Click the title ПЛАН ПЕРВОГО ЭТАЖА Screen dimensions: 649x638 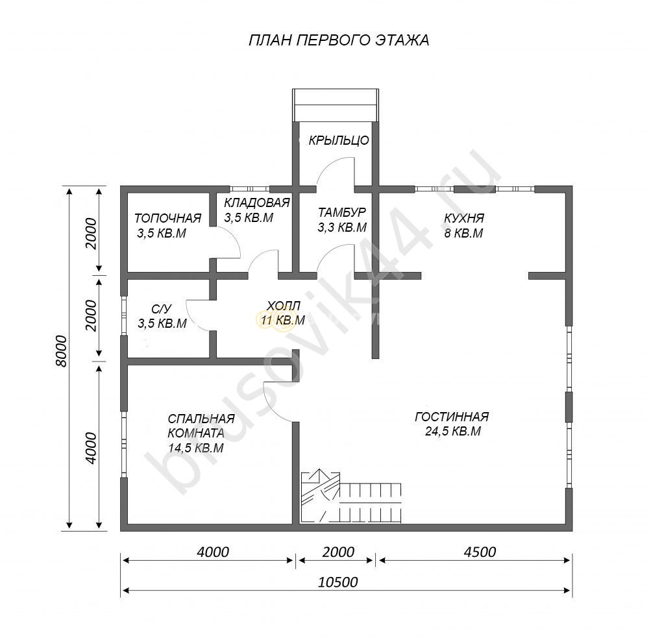[339, 40]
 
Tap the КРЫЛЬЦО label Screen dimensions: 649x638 [339, 140]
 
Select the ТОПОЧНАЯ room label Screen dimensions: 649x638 [167, 218]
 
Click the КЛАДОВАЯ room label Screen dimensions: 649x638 [256, 203]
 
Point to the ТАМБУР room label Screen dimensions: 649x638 [342, 212]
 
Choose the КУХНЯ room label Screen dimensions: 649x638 [464, 218]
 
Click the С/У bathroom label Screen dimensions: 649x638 [161, 309]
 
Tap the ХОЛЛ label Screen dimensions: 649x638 [284, 306]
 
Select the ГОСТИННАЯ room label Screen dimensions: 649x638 [452, 417]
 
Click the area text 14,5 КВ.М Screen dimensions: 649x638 [196, 448]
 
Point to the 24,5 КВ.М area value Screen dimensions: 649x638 [453, 432]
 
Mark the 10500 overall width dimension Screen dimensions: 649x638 [337, 582]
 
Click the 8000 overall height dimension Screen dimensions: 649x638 [61, 350]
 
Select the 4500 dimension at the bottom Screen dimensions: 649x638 [480, 552]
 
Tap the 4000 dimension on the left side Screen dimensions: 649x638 [90, 448]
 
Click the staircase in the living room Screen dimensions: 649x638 [351, 496]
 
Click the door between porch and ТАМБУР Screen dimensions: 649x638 [336, 171]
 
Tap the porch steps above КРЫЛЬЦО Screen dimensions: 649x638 [336, 105]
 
